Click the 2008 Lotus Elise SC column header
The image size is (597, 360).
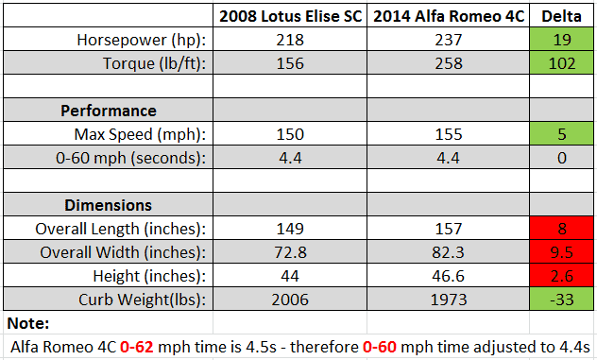291,16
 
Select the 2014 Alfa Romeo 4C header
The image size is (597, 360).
449,16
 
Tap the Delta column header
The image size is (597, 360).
562,16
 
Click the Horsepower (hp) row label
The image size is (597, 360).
142,40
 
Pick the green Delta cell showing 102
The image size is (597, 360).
562,63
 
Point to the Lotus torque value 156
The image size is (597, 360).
290,63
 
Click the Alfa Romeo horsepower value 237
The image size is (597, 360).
449,40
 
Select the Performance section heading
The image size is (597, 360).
109,111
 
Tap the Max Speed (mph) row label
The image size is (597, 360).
140,134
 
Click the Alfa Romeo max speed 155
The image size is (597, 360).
449,134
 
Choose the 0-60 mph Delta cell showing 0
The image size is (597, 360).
562,158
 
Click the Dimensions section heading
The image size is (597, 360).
108,205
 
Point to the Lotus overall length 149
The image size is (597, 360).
290,229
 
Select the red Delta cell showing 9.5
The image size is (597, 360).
562,251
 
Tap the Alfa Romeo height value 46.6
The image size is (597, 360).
448,276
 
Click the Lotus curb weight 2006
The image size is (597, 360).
290,300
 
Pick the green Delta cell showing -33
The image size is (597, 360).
562,299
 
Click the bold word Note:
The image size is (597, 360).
28,323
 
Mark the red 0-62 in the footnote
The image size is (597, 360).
137,347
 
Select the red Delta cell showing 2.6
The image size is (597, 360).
562,275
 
